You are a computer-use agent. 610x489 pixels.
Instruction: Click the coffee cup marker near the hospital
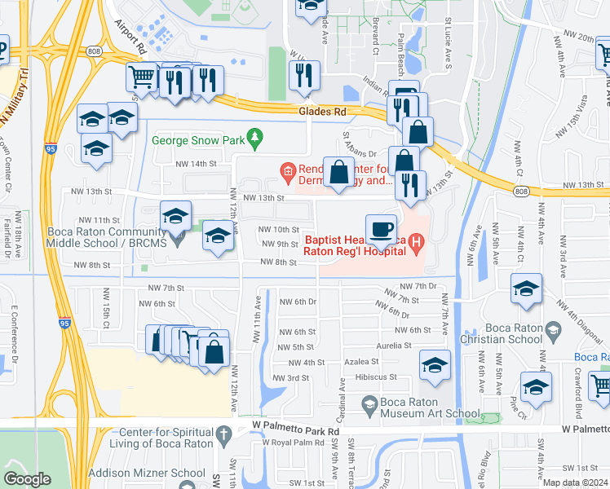pos(381,231)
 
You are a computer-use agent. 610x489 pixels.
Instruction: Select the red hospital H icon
pos(416,241)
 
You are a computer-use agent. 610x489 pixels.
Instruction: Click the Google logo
pos(27,478)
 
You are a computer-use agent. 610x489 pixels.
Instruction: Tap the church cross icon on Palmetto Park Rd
pos(224,432)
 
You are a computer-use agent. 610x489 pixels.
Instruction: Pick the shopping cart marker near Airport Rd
pos(142,77)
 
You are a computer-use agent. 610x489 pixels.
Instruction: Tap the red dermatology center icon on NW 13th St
pos(287,170)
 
